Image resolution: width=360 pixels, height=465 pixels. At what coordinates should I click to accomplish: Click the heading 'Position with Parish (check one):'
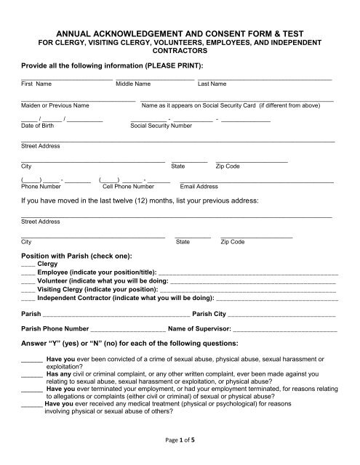pyautogui.click(x=77, y=256)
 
